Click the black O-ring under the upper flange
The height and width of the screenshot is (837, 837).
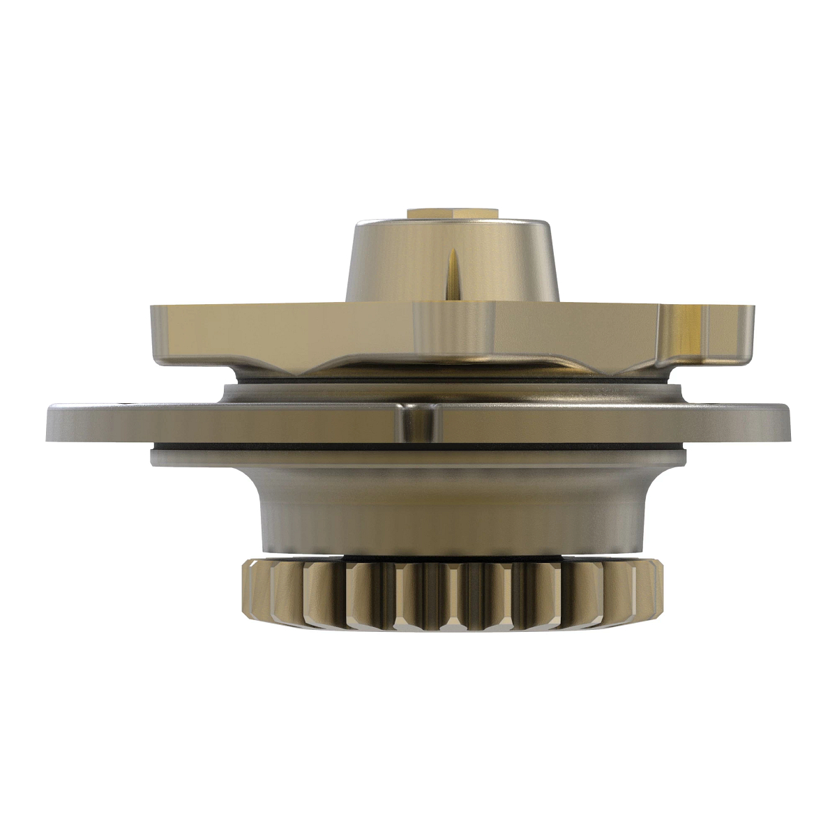[x=446, y=384]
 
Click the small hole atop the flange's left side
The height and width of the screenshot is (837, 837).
[x=126, y=403]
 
